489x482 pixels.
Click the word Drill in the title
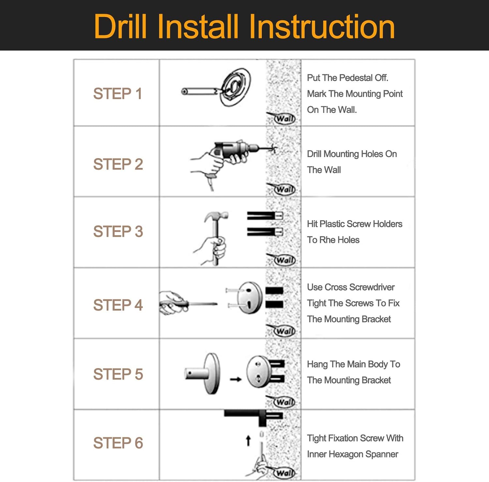120,27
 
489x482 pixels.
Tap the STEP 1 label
118,94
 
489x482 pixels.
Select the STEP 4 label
118,305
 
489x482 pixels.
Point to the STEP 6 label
118,443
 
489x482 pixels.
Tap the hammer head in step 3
216,216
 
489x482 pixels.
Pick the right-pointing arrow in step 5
235,379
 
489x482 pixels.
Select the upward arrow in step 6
248,441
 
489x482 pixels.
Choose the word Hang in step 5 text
317,365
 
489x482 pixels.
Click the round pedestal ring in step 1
235,87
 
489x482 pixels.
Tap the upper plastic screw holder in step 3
265,216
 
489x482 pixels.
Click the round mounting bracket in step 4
250,297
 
